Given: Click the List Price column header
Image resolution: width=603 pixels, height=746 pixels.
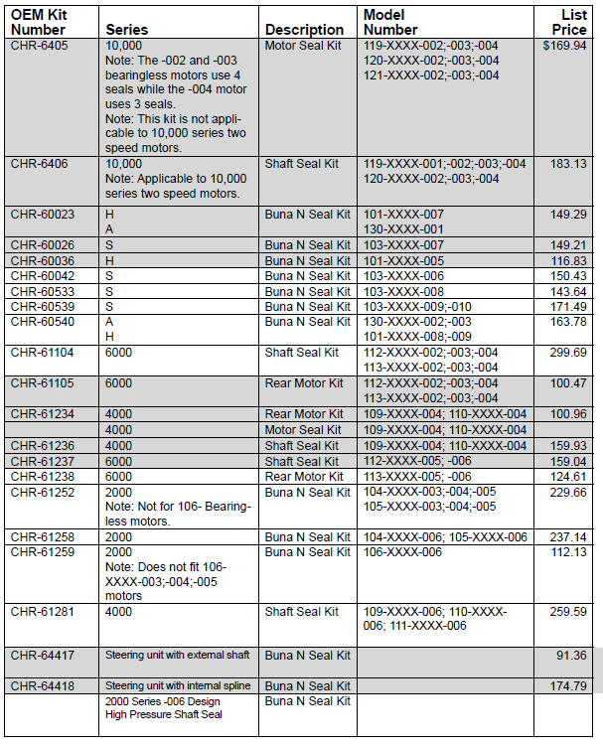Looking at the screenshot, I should coord(574,22).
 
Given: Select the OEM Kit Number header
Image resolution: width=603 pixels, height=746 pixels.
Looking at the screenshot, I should coord(39,22).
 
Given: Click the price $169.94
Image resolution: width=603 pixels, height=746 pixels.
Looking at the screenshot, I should coord(564,46).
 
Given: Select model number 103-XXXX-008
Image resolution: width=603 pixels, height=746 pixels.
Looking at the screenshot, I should coord(404,291).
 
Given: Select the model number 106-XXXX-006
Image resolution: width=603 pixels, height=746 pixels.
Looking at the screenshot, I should coord(404,552).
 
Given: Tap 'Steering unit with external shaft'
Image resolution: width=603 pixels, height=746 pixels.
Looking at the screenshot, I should coord(178,656).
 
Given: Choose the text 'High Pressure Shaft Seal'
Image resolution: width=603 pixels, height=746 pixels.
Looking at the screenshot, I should coord(164,714).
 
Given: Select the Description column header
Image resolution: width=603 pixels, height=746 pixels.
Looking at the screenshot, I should coord(305,30).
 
